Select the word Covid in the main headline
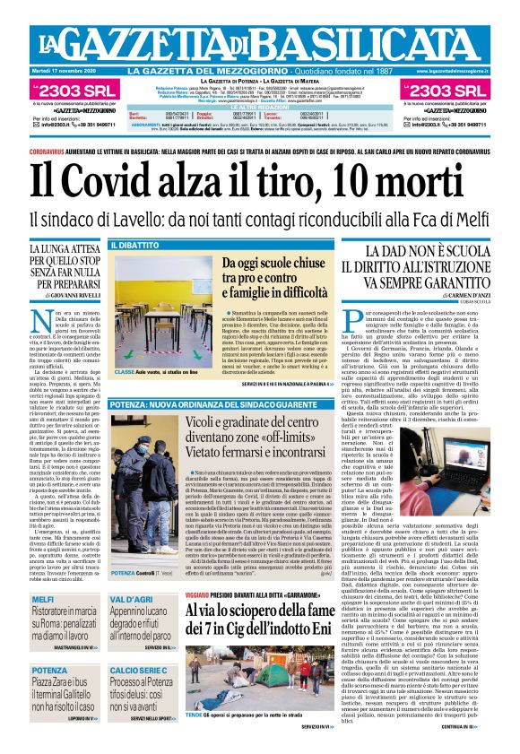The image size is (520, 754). click(120, 183)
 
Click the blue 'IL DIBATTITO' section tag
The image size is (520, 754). click(134, 245)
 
